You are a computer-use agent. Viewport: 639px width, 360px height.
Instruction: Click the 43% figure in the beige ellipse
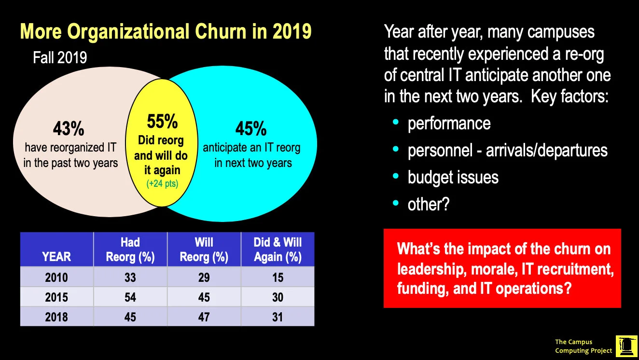coord(69,129)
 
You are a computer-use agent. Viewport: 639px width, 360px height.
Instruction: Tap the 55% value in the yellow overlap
coord(162,122)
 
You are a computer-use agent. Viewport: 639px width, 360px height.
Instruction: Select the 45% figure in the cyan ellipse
coord(251,129)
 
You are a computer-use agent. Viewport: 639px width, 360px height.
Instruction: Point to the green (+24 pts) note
coord(161,183)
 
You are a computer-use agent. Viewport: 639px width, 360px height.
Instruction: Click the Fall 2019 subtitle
coord(60,58)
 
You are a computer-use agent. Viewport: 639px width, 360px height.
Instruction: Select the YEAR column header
coord(56,256)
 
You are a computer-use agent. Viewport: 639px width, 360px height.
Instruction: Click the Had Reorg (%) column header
coord(130,249)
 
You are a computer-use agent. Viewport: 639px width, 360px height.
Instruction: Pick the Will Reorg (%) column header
coord(204,249)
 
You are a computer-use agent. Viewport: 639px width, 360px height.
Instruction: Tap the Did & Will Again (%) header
coord(278,249)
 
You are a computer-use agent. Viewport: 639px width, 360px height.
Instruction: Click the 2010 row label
coord(56,277)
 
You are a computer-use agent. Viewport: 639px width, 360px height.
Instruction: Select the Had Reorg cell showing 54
coord(130,297)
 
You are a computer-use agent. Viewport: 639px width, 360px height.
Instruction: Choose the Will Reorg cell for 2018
coord(204,317)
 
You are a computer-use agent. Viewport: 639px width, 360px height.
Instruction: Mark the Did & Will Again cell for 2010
coord(278,277)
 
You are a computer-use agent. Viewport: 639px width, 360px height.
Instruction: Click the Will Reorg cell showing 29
coord(204,277)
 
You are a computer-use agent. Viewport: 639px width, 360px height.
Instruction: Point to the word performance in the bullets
coord(449,124)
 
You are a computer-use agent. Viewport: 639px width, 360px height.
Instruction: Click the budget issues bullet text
coord(453,178)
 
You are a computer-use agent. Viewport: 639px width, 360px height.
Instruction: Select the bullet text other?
coord(429,205)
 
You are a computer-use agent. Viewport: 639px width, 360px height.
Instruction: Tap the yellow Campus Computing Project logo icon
coord(626,346)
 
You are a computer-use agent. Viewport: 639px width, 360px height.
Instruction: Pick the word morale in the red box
coord(491,269)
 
